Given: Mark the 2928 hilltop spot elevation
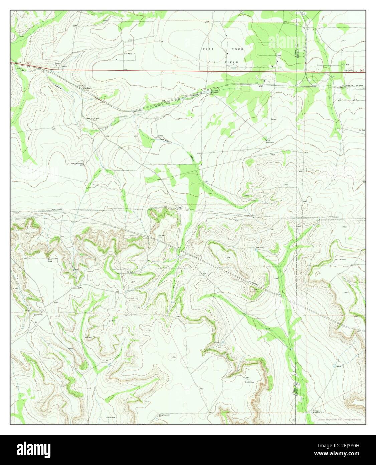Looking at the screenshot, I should (x=254, y=289).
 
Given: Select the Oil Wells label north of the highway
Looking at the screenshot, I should (x=129, y=54).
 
